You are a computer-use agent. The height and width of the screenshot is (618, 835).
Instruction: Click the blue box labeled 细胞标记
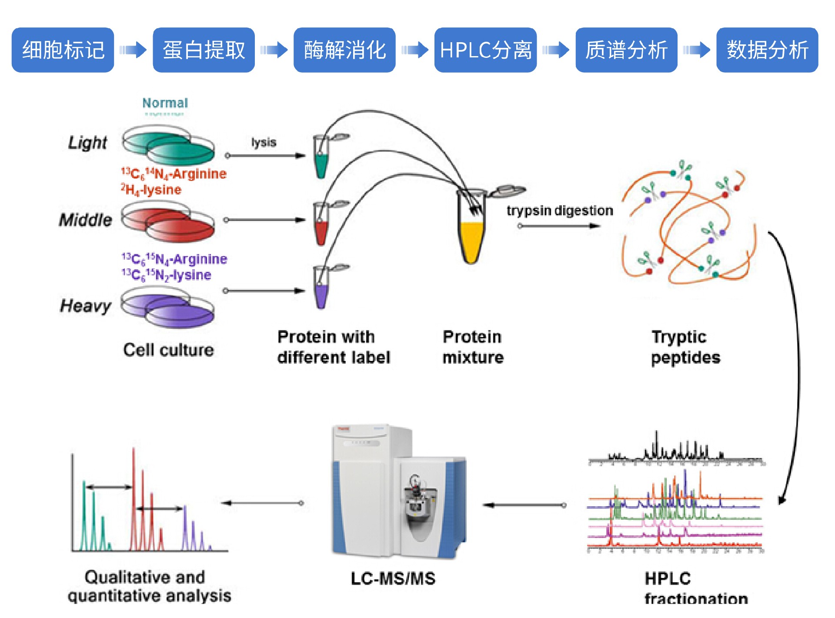[63, 50]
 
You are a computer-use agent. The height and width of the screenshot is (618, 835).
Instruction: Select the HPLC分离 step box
[485, 50]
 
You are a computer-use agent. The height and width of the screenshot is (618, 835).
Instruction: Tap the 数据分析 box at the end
[767, 50]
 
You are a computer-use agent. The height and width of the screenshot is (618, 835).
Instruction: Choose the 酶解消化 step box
[344, 50]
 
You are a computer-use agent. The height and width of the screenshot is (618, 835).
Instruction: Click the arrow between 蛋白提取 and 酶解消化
[274, 50]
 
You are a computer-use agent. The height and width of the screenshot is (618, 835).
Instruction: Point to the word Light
[87, 143]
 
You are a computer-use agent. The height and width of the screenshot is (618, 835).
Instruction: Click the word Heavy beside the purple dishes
[86, 306]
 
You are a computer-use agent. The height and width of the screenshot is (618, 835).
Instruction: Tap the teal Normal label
[165, 103]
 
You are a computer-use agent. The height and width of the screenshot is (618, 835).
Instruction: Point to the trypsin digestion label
[560, 210]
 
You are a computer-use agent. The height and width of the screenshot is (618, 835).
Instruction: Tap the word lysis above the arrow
[264, 142]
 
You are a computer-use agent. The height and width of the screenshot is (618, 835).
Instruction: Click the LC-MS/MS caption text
[393, 578]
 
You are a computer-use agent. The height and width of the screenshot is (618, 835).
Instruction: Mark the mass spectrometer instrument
[398, 491]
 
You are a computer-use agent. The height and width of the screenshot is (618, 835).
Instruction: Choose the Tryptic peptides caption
[685, 347]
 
